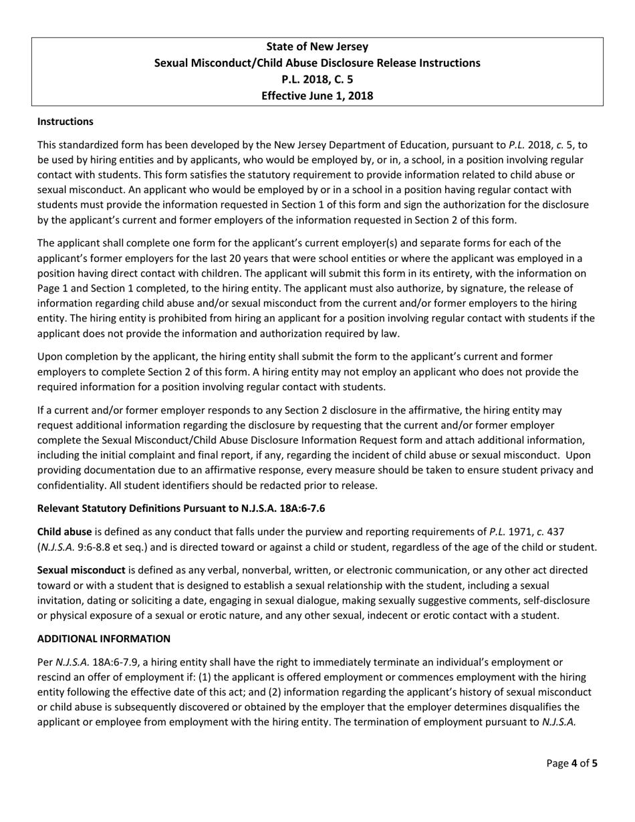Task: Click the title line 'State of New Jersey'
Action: (317, 47)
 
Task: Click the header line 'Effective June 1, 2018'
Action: (317, 96)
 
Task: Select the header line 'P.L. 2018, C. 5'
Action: (317, 80)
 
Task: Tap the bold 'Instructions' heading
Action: (66, 122)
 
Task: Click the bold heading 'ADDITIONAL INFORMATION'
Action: (104, 639)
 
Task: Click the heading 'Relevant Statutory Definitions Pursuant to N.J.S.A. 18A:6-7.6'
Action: (181, 509)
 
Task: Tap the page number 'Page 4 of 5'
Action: (571, 763)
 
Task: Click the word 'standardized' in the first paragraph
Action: (88, 144)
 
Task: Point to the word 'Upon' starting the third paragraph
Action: (49, 357)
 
